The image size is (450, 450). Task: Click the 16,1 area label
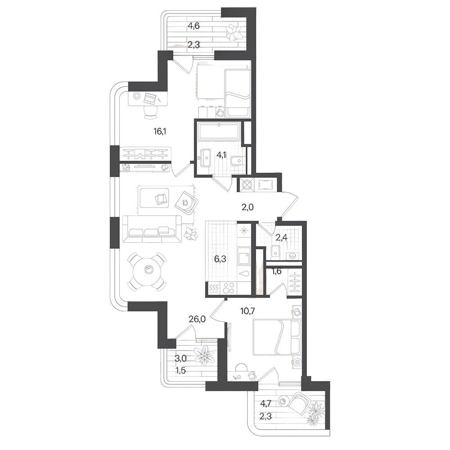[160, 132]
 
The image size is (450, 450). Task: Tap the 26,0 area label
[197, 319]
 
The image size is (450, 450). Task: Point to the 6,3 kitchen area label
[220, 259]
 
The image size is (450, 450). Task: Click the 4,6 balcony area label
[193, 26]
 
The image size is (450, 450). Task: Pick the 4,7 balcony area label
[265, 404]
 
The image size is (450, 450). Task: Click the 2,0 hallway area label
[247, 207]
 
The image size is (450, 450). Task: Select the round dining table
[148, 271]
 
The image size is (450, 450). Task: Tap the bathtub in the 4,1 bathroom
[219, 131]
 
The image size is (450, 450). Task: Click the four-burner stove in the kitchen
[229, 288]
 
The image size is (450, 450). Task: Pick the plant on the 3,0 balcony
[204, 356]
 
